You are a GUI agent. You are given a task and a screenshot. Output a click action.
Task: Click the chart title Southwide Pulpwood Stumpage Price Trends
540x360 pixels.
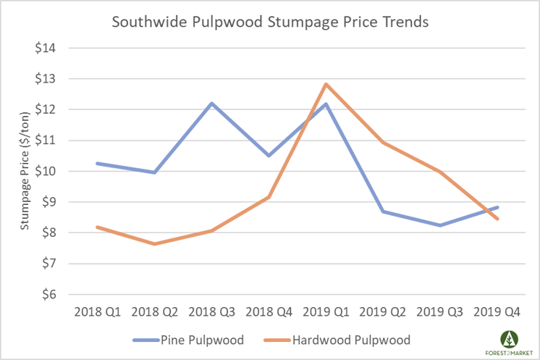click(270, 22)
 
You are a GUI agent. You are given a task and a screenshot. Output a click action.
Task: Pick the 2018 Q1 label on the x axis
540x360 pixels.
click(97, 312)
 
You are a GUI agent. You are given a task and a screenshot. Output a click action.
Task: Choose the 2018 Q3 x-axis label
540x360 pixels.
click(211, 312)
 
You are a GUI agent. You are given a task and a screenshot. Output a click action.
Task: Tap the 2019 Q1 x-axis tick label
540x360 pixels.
click(326, 312)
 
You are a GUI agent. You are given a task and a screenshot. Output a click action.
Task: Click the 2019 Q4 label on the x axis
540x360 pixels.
click(497, 312)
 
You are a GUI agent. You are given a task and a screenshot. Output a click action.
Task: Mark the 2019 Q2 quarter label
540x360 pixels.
click(383, 312)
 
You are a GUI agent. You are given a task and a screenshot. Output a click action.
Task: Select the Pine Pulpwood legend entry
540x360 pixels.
click(189, 339)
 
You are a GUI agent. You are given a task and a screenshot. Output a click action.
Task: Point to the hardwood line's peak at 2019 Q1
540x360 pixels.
click(326, 84)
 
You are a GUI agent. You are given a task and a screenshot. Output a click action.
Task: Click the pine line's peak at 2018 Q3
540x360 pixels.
click(211, 103)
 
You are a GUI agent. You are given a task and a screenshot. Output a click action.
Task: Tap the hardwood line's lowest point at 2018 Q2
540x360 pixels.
click(154, 244)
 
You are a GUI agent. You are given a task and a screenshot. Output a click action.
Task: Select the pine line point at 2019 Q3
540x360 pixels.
click(440, 225)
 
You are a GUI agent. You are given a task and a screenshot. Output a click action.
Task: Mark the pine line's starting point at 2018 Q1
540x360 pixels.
click(97, 163)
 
